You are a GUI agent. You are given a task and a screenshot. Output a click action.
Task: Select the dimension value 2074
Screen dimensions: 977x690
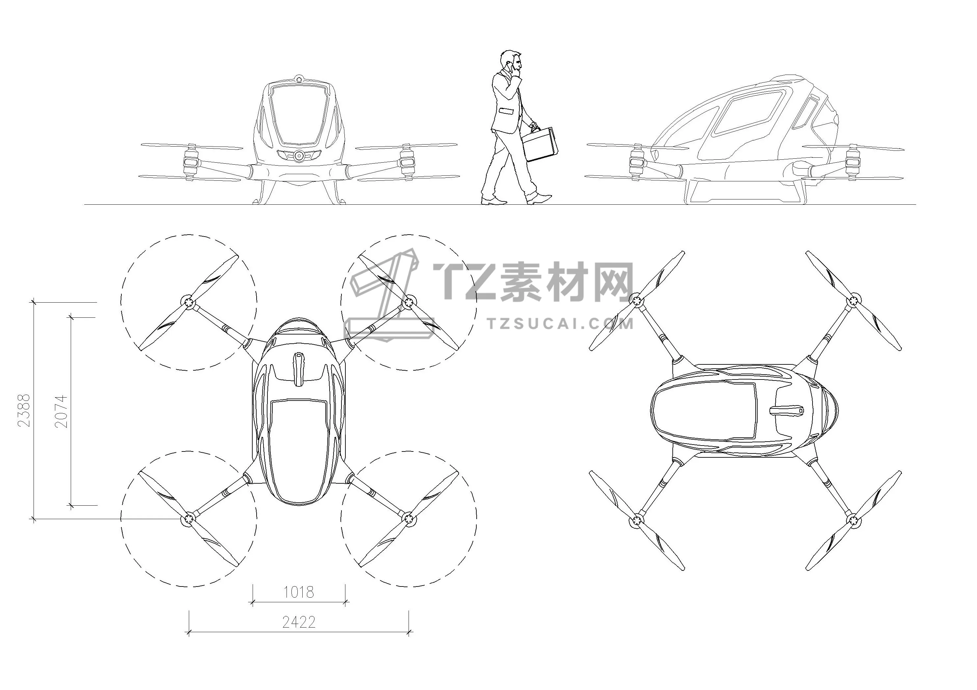click(x=61, y=411)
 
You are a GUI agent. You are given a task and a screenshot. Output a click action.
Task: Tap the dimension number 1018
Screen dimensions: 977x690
click(x=299, y=592)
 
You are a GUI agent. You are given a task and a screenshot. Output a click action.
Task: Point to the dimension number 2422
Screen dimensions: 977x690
click(x=299, y=622)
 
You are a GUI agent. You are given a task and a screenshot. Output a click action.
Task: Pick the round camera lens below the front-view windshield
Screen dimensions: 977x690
click(x=299, y=156)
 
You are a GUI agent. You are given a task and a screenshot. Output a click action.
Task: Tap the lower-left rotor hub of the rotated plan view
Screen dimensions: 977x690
click(x=637, y=519)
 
